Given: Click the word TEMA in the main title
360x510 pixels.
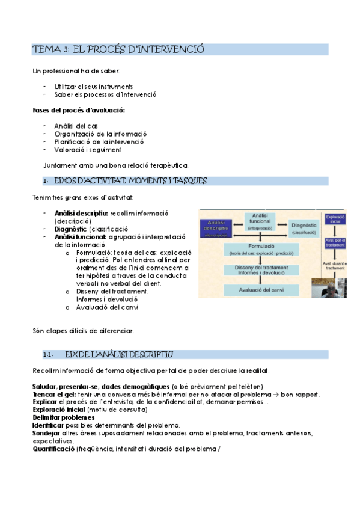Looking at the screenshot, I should click(44, 49).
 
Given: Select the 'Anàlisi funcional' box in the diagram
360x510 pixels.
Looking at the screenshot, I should click(260, 222).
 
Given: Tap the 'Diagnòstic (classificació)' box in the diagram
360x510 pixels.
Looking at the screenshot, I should click(304, 228).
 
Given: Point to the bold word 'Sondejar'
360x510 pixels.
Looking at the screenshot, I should click(47, 433).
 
